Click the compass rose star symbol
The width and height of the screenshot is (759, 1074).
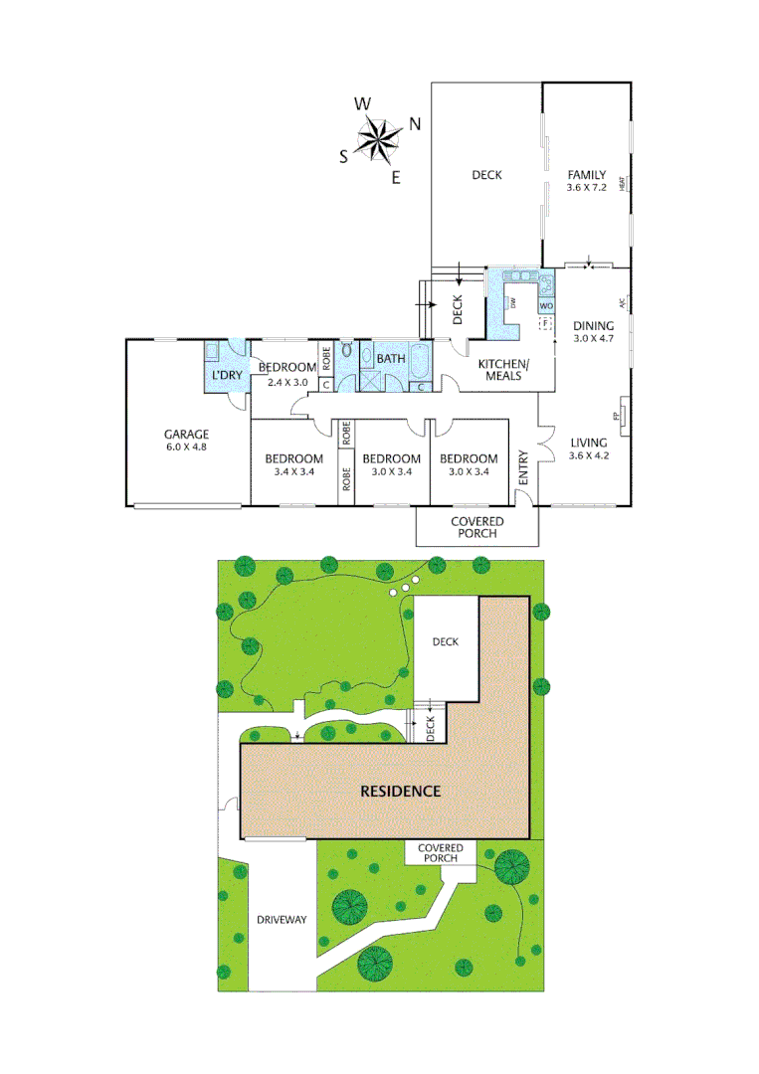pyautogui.click(x=377, y=137)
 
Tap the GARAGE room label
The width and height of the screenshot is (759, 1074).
pyautogui.click(x=186, y=434)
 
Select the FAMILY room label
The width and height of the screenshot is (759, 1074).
pyautogui.click(x=586, y=175)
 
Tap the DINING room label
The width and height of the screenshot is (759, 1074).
pyautogui.click(x=595, y=324)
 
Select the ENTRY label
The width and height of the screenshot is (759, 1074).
pyautogui.click(x=523, y=468)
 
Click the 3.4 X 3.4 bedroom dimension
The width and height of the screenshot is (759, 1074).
pyautogui.click(x=293, y=471)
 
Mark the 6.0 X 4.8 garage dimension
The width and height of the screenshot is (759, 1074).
pyautogui.click(x=186, y=447)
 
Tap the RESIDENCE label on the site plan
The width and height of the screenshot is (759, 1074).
pyautogui.click(x=400, y=792)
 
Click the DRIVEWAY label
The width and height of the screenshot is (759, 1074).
pyautogui.click(x=282, y=919)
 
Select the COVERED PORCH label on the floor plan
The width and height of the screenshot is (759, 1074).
pyautogui.click(x=476, y=527)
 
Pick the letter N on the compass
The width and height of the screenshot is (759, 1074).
pyautogui.click(x=415, y=123)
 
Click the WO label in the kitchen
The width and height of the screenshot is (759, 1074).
pyautogui.click(x=546, y=306)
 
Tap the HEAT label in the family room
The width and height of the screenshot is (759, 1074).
pyautogui.click(x=623, y=184)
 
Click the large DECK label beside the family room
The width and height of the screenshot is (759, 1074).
pyautogui.click(x=486, y=175)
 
